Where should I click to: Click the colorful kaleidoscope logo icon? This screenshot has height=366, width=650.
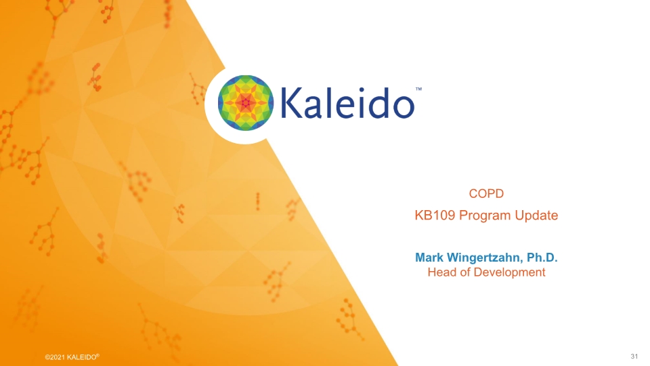tap(245, 103)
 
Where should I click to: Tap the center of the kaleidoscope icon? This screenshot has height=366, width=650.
tap(245, 103)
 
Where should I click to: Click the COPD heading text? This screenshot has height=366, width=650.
tap(486, 194)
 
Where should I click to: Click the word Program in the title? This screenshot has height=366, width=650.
tap(485, 216)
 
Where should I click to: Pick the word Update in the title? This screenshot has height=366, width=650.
tap(536, 216)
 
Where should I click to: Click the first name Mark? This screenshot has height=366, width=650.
tap(429, 258)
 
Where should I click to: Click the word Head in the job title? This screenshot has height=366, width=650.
tap(441, 272)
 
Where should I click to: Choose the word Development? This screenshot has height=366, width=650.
tap(508, 272)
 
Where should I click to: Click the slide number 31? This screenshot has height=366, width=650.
tap(634, 357)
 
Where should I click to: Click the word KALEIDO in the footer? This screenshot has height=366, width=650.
tap(83, 357)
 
